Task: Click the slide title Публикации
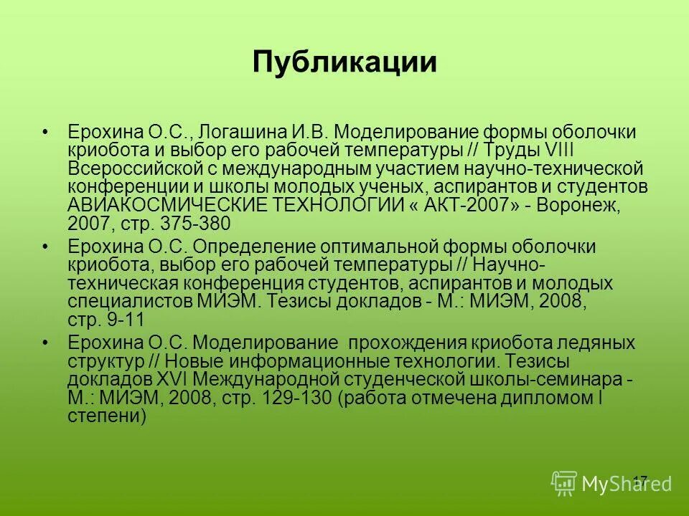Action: pyautogui.click(x=344, y=62)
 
